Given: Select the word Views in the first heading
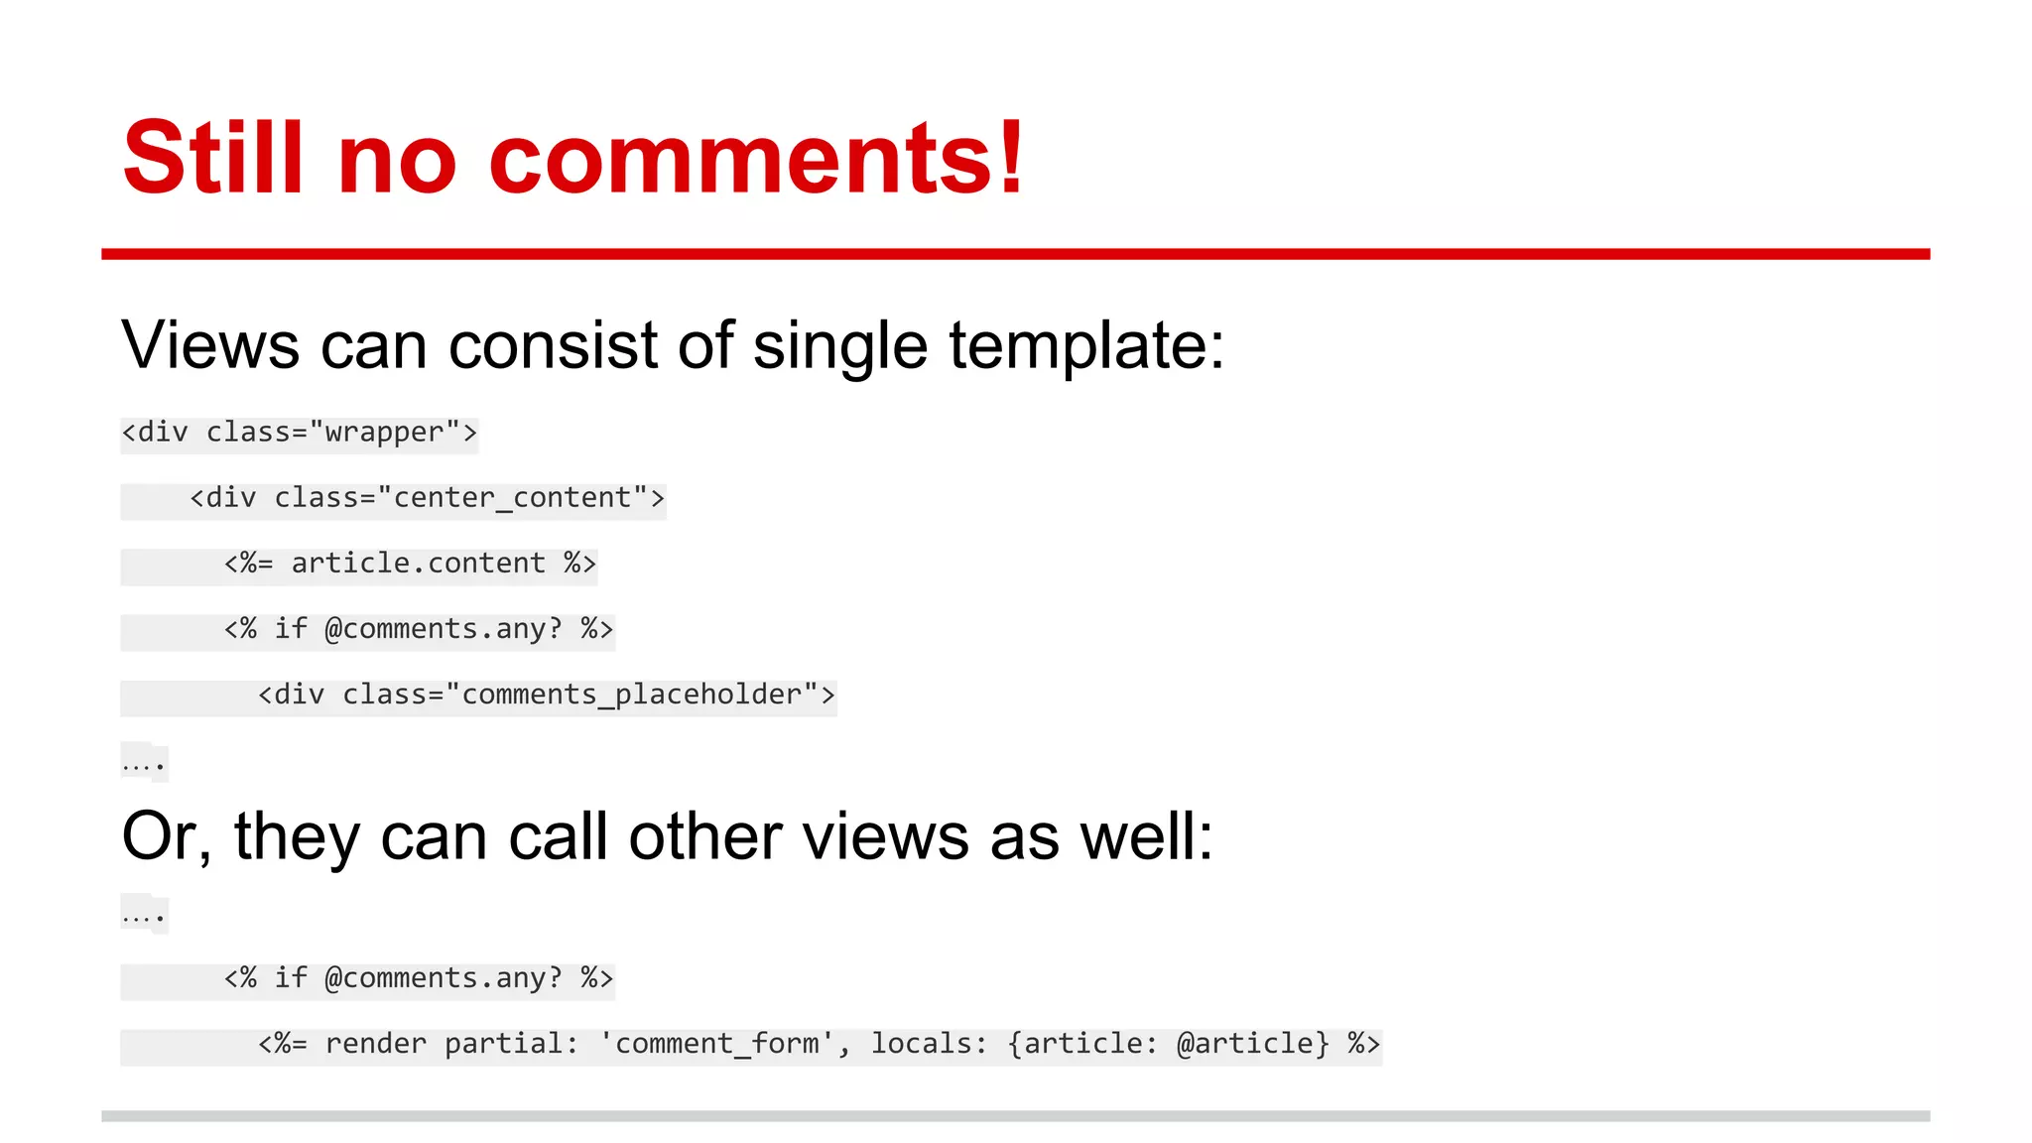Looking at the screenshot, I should pos(210,345).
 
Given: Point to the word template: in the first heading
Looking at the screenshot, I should pos(1086,347).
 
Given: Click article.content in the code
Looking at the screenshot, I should pos(418,564).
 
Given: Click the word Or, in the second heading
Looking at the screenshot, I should pos(166,836).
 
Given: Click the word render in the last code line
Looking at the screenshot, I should pos(375,1044).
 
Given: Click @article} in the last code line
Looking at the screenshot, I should pos(1252,1044).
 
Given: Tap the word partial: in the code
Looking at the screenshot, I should pos(511,1044).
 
